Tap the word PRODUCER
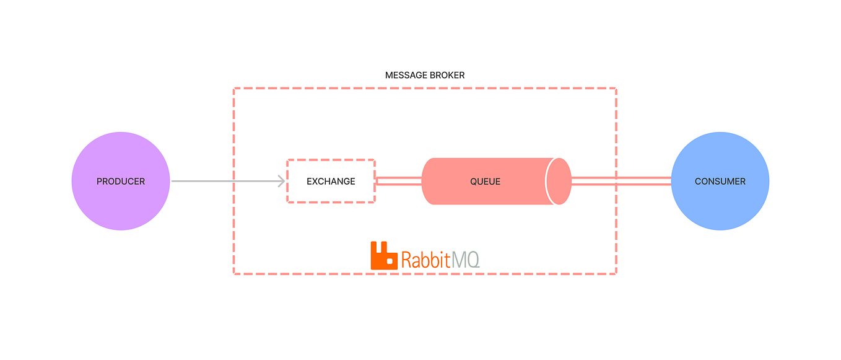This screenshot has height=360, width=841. click(121, 182)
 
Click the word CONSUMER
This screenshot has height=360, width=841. click(720, 182)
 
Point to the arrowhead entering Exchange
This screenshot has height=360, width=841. click(281, 182)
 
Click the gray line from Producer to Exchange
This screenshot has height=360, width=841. click(223, 182)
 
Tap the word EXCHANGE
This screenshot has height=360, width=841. click(331, 182)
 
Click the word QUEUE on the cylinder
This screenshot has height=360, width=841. click(485, 182)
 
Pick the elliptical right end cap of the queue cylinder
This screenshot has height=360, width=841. click(559, 182)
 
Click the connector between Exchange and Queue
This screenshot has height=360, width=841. click(398, 182)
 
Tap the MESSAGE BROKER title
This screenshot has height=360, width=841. click(425, 75)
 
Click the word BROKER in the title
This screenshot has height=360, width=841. click(446, 75)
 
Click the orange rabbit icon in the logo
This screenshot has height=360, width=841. click(383, 256)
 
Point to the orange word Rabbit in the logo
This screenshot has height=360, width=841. click(425, 259)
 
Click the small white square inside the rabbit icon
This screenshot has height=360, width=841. click(390, 261)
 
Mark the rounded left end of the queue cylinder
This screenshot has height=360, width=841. click(427, 182)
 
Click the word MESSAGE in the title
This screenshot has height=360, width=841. click(405, 75)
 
